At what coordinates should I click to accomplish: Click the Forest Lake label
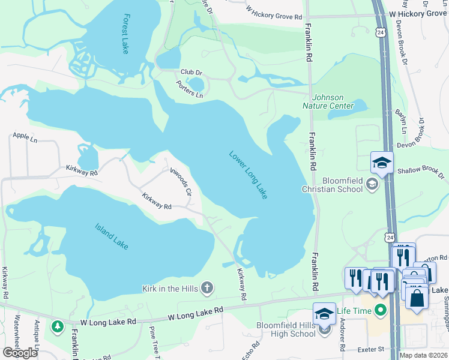[x=125, y=34]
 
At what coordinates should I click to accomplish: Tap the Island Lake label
[x=112, y=236]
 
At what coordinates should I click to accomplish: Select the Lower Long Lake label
[x=248, y=175]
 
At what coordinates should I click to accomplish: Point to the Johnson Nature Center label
[x=332, y=102]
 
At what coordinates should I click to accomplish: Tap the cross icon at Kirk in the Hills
[x=206, y=289]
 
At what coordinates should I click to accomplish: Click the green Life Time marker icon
[x=379, y=310]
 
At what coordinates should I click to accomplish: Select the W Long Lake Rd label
[x=195, y=313]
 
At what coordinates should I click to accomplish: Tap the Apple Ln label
[x=25, y=139]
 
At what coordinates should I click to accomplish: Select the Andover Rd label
[x=342, y=338]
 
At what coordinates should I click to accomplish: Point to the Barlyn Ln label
[x=401, y=122]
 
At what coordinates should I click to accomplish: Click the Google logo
[x=20, y=352]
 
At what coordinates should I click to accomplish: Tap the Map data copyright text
[x=423, y=355]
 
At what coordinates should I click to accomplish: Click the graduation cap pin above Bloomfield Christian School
[x=382, y=163]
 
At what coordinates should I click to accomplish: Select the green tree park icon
[x=57, y=327]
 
